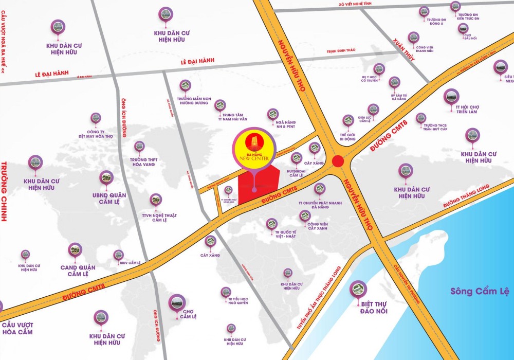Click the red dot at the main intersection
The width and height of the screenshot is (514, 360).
[x=338, y=161]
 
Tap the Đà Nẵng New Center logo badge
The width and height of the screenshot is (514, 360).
[x=255, y=148]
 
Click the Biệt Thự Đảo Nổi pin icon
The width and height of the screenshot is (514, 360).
[x=359, y=290]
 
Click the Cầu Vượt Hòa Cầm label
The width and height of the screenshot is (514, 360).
[x=17, y=328]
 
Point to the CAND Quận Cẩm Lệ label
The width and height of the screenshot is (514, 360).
[x=75, y=271]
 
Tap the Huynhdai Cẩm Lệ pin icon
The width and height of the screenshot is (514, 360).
[x=296, y=157]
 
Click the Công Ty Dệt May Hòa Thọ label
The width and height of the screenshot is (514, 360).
[x=96, y=134]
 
